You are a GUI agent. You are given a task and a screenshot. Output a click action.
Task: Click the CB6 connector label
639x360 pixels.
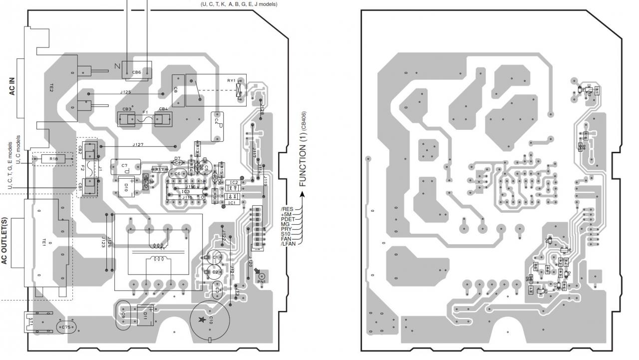[137, 72]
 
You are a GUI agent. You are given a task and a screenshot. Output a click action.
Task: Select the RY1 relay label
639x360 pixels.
[231, 80]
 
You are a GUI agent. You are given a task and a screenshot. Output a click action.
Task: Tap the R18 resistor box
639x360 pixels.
[53, 159]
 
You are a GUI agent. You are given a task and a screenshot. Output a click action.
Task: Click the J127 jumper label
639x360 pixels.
[138, 144]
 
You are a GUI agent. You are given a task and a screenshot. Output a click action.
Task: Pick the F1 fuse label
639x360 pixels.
[145, 112]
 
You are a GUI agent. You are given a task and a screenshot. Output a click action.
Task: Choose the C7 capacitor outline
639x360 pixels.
[125, 166]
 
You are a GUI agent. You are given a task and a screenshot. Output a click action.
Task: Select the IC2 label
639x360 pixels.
[233, 183]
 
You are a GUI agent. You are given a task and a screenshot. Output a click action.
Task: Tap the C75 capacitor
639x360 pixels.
[65, 328]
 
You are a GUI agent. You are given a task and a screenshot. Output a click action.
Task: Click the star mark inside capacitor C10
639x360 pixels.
[202, 320]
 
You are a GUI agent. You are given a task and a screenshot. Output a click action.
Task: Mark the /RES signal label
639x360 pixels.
[287, 209]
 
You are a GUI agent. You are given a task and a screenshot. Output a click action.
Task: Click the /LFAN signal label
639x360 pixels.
[288, 244]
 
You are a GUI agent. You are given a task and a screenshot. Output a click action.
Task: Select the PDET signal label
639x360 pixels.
[287, 219]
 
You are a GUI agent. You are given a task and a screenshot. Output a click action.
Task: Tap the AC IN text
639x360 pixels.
[12, 84]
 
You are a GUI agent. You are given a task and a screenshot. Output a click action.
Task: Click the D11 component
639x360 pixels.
[145, 315]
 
